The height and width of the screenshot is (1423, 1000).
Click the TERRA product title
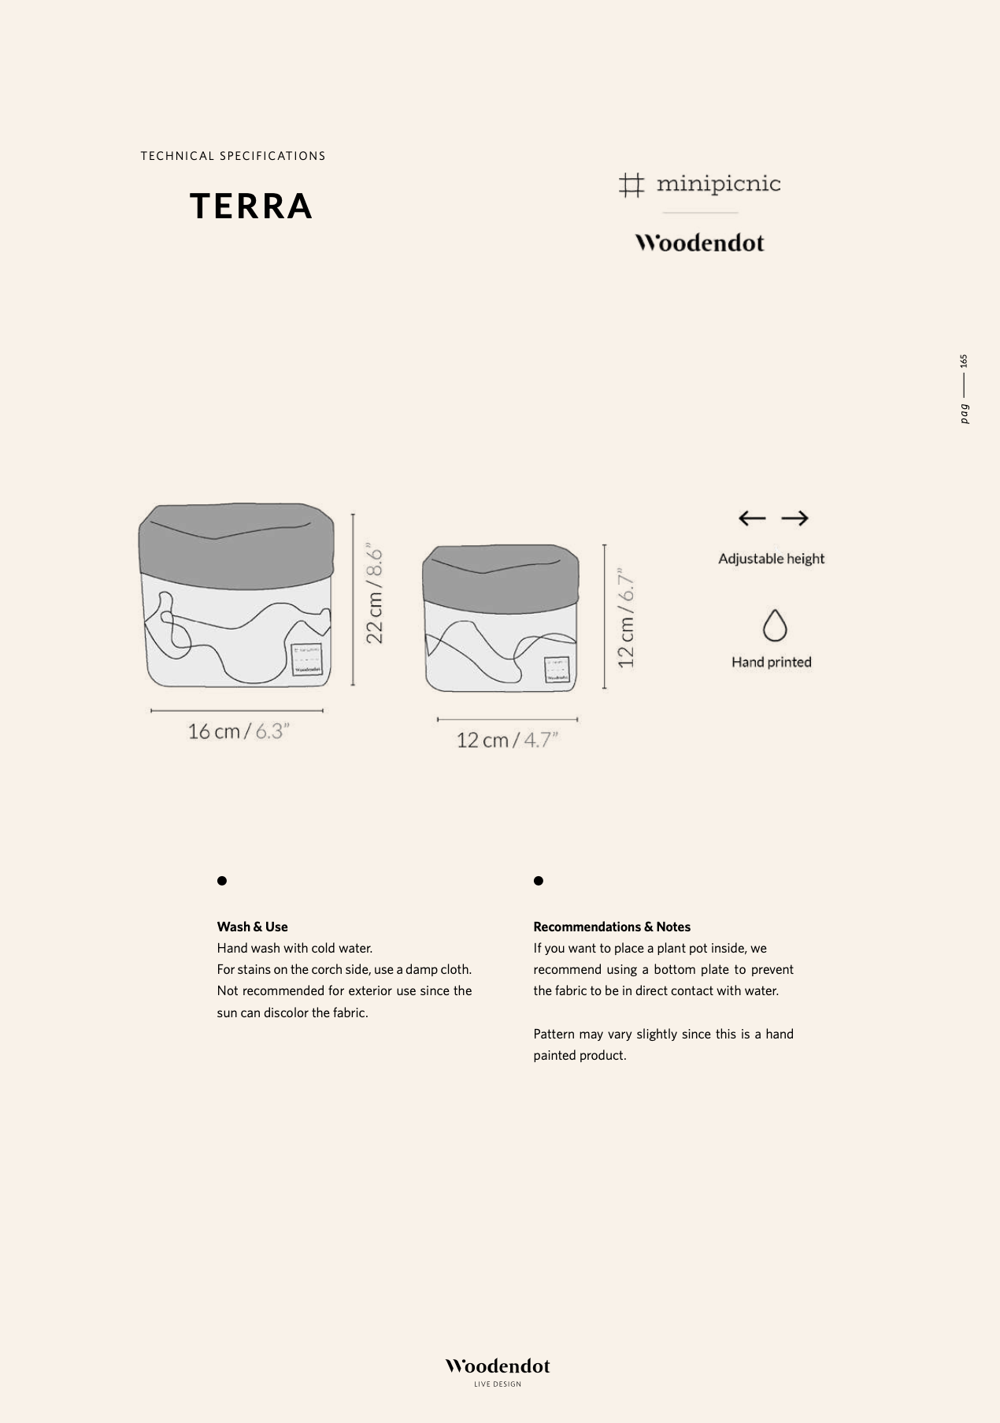click(251, 206)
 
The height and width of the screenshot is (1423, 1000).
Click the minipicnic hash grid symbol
click(631, 185)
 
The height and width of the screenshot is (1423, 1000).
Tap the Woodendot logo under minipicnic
click(699, 243)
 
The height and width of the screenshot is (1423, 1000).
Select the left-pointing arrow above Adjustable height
click(752, 518)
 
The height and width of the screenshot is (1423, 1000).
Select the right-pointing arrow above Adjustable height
click(794, 518)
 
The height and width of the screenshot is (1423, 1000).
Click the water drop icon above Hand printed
click(775, 626)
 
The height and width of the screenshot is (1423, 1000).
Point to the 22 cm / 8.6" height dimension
click(376, 596)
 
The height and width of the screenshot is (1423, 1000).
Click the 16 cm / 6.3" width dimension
click(239, 731)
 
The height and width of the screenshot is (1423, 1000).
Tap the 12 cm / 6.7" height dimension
click(626, 618)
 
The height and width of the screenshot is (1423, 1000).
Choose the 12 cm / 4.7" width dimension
click(507, 740)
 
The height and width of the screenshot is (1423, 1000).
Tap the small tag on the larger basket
click(306, 659)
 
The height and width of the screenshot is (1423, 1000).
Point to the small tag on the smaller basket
click(557, 670)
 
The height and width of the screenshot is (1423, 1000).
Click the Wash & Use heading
click(252, 927)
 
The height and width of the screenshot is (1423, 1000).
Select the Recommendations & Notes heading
click(612, 927)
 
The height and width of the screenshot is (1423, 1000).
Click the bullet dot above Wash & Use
click(222, 881)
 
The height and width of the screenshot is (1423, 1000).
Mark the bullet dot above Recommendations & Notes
click(539, 881)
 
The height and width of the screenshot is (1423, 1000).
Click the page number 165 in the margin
click(964, 361)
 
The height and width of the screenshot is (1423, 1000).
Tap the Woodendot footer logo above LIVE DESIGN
click(498, 1366)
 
